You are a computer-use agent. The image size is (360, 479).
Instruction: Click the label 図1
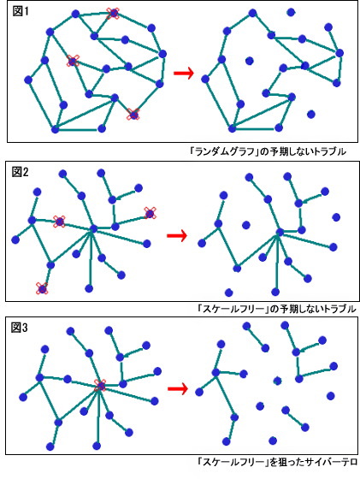tap(21, 11)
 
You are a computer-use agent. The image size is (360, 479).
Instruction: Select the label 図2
tap(21, 172)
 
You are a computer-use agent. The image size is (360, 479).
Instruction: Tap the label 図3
tap(19, 328)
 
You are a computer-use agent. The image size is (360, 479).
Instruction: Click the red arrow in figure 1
tap(184, 73)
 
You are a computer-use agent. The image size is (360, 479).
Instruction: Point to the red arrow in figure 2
tap(177, 235)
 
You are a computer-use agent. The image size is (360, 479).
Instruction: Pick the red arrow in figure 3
tap(178, 388)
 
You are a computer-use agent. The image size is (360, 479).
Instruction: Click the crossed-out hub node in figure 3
tap(100, 386)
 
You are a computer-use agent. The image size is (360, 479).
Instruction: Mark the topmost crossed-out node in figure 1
tap(113, 13)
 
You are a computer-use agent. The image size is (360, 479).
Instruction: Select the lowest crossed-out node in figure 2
tap(42, 288)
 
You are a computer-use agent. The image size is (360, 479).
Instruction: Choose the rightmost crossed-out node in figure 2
tap(150, 213)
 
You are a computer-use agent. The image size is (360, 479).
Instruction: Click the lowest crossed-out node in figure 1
tap(133, 115)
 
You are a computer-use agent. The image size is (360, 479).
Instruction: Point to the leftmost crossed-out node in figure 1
tap(73, 61)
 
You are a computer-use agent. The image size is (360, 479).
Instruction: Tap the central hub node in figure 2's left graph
tap(93, 228)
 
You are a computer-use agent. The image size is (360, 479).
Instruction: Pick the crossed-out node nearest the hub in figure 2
tap(59, 222)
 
